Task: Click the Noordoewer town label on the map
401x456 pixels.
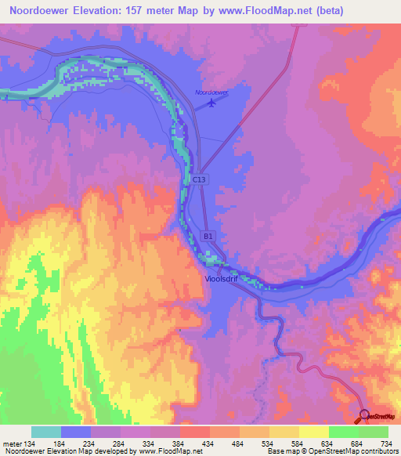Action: point(211,92)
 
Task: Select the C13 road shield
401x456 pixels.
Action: point(199,179)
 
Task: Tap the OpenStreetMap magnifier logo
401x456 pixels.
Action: point(364,414)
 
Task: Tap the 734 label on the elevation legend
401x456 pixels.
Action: point(386,444)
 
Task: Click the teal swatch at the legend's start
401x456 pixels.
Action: point(46,432)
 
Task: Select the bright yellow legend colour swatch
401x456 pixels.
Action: point(313,432)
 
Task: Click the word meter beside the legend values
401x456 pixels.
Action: point(12,444)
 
